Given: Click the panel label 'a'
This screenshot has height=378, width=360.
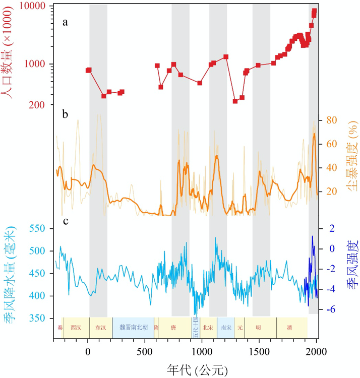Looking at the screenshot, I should coord(65,22).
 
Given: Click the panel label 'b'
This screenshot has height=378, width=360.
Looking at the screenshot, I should coord(65,114).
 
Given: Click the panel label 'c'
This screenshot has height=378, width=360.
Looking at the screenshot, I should coord(65,221).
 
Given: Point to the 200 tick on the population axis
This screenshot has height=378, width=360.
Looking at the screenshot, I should coord(38,104).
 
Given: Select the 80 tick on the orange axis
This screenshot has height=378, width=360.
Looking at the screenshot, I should coord(330,120).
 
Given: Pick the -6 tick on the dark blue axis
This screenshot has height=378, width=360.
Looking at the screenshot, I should coord(331,309).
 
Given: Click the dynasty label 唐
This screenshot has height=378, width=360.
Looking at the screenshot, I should coord(173,327).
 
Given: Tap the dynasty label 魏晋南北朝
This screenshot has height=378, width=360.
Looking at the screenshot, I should coord(133,327).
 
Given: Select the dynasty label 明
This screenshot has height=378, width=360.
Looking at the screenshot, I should coord(258,327).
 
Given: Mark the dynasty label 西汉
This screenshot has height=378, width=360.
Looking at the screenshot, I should coord(76,327).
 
